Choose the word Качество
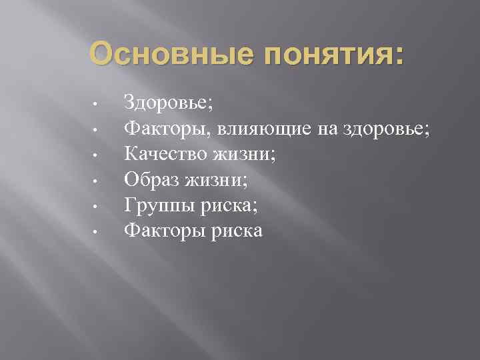[166, 154]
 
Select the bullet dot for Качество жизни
[97, 156]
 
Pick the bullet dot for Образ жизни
[97, 181]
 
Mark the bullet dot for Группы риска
[97, 207]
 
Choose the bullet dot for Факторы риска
[97, 233]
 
